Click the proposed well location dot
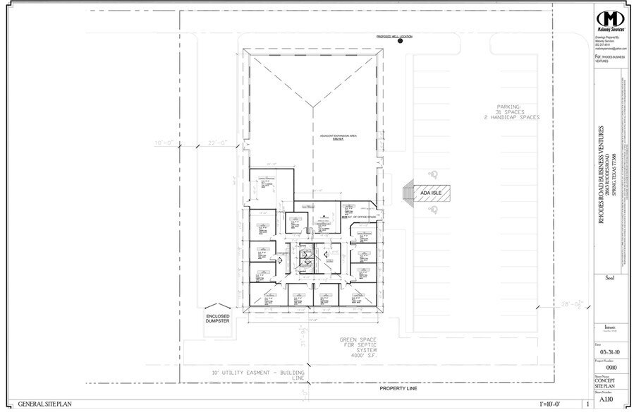[x=400, y=42]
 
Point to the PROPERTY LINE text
[x=398, y=388]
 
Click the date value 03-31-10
[x=607, y=350]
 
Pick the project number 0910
[x=607, y=367]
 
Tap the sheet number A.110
[x=606, y=399]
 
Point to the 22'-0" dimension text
[x=216, y=143]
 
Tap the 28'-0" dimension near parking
[x=569, y=305]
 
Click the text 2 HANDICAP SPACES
[x=507, y=117]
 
